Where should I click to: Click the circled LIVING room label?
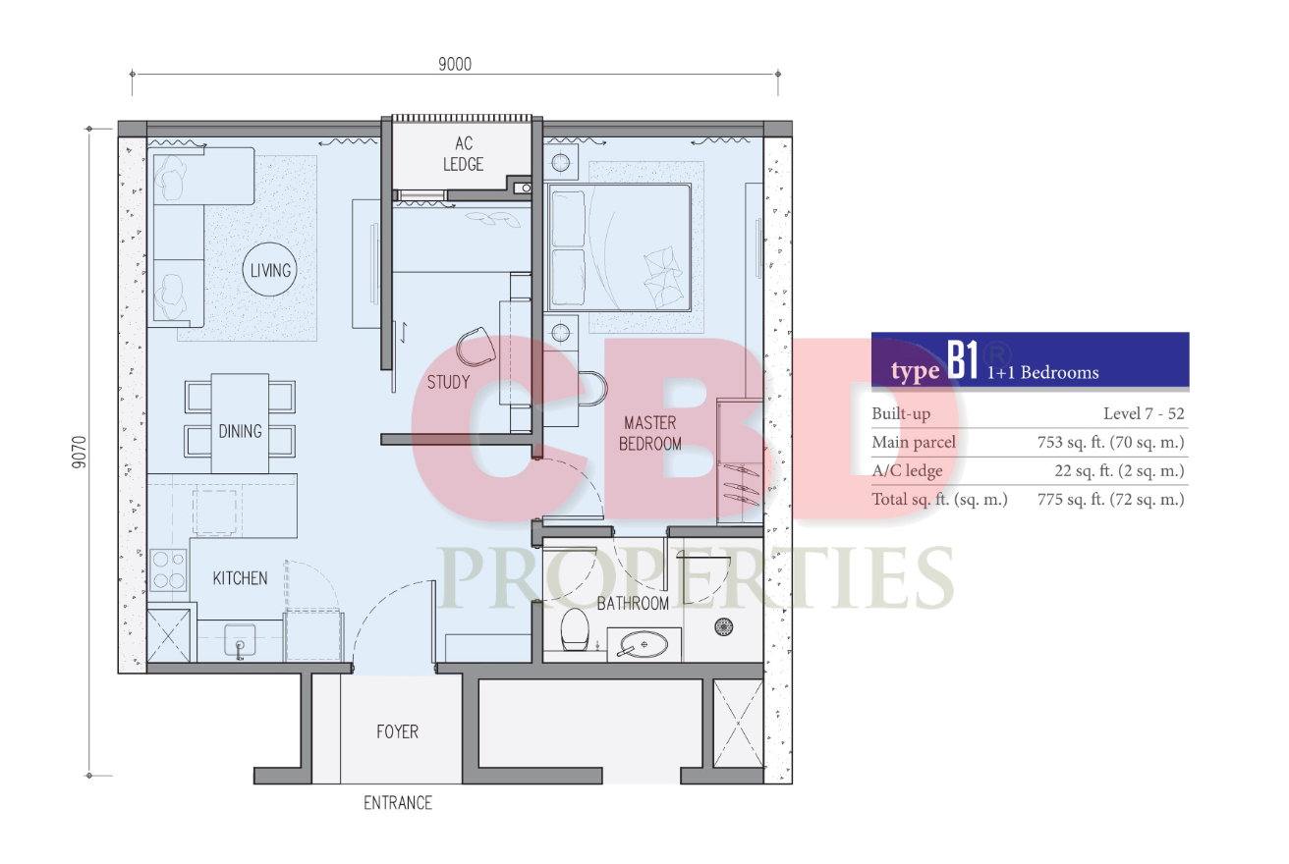pyautogui.click(x=270, y=270)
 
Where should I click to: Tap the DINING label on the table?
pyautogui.click(x=240, y=431)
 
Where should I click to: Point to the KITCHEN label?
pyautogui.click(x=240, y=578)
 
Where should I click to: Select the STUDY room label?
pyautogui.click(x=448, y=382)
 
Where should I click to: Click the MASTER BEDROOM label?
pyautogui.click(x=650, y=433)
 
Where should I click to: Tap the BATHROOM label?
pyautogui.click(x=633, y=604)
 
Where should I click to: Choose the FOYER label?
pyautogui.click(x=398, y=731)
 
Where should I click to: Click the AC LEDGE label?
pyautogui.click(x=464, y=153)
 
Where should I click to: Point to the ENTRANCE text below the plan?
pyautogui.click(x=398, y=802)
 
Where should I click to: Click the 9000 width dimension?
pyautogui.click(x=455, y=64)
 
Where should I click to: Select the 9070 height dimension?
pyautogui.click(x=79, y=453)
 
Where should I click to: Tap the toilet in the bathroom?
pyautogui.click(x=575, y=629)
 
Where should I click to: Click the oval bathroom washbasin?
pyautogui.click(x=644, y=644)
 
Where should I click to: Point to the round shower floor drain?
pyautogui.click(x=723, y=627)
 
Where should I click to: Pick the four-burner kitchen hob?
pyautogui.click(x=169, y=570)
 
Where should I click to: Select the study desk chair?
pyautogui.click(x=476, y=347)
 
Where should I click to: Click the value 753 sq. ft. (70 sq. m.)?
pyautogui.click(x=1110, y=442)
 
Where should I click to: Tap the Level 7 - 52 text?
pyautogui.click(x=1144, y=413)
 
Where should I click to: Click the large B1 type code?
pyautogui.click(x=963, y=360)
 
